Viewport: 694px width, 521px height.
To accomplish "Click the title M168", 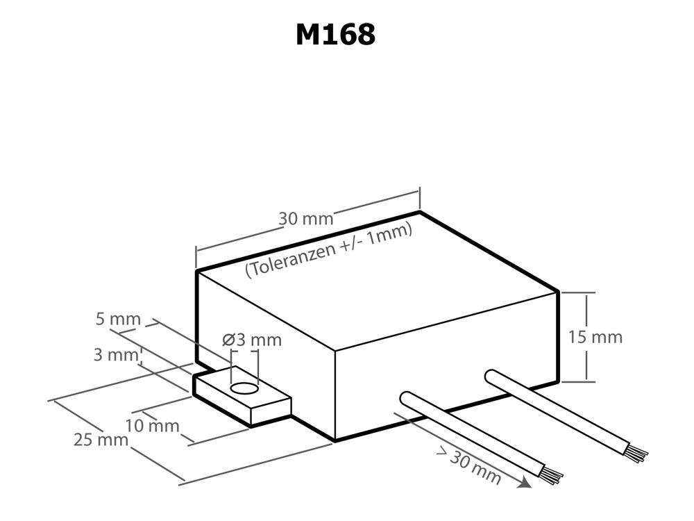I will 335,34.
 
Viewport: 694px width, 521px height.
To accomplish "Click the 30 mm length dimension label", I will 306,218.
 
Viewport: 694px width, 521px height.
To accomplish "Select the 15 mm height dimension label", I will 595,337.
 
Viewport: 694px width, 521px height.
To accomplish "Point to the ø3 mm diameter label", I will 252,340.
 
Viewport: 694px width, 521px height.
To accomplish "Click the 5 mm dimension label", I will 118,320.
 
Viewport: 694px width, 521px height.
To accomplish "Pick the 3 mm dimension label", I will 116,354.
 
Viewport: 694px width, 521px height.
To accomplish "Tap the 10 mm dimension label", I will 152,425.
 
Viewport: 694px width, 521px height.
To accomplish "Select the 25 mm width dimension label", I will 101,439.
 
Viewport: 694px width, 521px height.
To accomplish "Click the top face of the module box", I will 375,285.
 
